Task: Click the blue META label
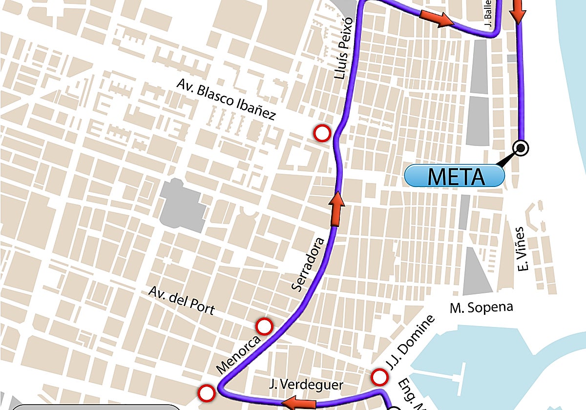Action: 455,176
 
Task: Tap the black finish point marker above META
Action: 521,147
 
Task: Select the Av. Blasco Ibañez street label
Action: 226,101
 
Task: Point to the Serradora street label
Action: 308,264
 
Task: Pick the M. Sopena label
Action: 481,307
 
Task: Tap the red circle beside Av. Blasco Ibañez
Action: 322,133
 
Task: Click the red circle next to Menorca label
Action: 265,326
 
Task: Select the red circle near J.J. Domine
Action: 379,377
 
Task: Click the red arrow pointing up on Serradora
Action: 335,209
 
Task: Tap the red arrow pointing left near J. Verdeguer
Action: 299,403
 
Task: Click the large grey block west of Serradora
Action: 183,205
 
